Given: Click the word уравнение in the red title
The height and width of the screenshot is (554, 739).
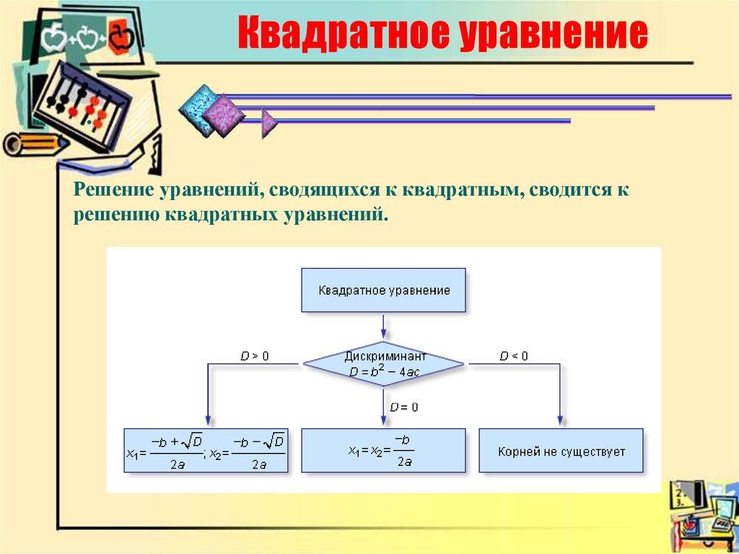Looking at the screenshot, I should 549,34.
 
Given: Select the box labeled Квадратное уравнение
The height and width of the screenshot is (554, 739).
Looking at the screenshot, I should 383,290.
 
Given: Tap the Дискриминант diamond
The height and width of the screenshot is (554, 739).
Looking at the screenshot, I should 382,364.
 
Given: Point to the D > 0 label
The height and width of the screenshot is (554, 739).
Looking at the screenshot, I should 254,356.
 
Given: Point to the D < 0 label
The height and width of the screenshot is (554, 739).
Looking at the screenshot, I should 514,356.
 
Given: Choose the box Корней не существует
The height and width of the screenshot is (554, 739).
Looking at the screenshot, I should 561,451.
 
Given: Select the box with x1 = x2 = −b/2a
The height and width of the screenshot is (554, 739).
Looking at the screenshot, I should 383,451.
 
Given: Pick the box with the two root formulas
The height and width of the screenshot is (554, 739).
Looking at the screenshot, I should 206,451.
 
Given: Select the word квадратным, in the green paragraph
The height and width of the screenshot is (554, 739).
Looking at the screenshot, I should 462,191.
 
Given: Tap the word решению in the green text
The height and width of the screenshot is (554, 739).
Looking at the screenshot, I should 116,215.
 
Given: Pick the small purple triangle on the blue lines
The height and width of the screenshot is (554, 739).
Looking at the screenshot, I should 269,122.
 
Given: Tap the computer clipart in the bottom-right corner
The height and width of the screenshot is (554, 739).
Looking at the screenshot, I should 704,513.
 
